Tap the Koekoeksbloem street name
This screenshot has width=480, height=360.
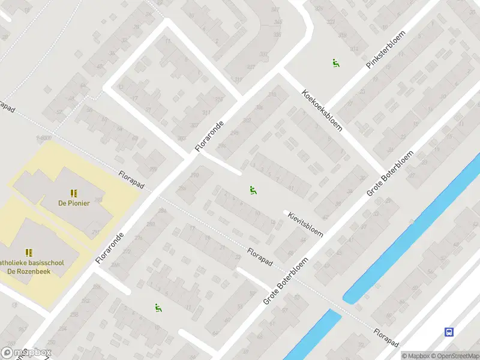tap(322, 112)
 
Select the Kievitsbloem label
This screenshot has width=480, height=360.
tap(305, 224)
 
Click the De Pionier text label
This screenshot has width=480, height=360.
tap(74, 203)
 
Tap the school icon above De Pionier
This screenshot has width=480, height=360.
tap(74, 193)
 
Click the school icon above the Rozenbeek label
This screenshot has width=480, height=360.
tap(28, 253)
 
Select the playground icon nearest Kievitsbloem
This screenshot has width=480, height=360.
tap(253, 191)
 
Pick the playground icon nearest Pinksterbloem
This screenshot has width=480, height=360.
tap(335, 62)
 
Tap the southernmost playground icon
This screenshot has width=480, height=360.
tap(158, 308)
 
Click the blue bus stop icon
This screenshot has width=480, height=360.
tap(448, 332)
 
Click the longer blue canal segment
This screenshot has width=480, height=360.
tap(414, 228)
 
